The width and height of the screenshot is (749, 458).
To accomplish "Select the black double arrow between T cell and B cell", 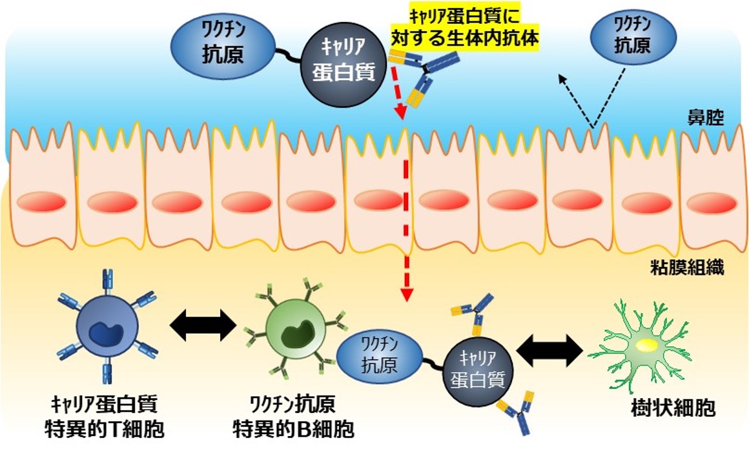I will pos(203,326).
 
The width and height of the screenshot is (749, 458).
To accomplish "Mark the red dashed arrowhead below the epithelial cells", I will pos(406,294).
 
